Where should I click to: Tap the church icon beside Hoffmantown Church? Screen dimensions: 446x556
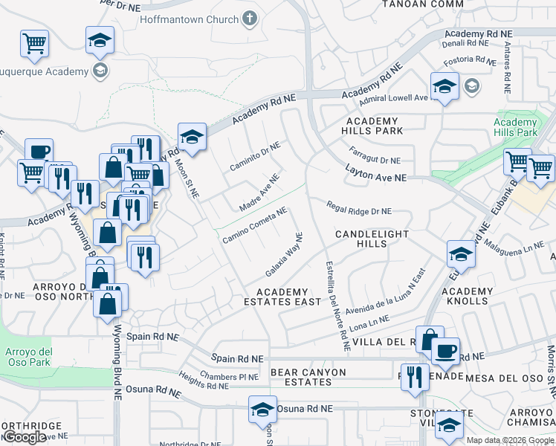click(250, 19)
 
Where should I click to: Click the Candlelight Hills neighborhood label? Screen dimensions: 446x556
click(372, 239)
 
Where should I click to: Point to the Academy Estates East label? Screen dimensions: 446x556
click(282, 297)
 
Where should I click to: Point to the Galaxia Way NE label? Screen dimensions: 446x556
click(284, 253)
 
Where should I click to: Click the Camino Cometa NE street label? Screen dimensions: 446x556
click(254, 225)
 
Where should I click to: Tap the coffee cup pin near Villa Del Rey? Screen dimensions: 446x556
click(445, 351)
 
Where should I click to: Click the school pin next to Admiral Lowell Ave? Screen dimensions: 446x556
click(444, 87)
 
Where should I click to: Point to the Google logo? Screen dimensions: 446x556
click(25, 437)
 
